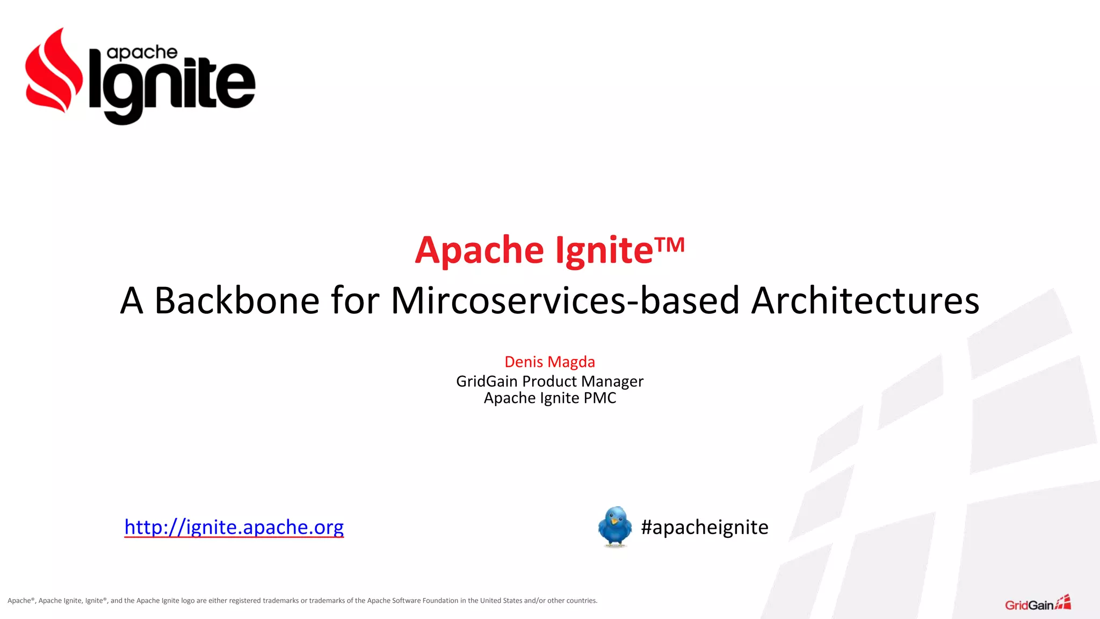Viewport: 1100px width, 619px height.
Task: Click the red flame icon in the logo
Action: coord(54,73)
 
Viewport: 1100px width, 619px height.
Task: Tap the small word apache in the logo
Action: coord(142,53)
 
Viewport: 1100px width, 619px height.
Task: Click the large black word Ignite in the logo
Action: coord(172,89)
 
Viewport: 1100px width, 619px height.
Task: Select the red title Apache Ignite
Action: coord(534,250)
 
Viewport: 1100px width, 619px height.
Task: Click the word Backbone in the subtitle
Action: coord(237,300)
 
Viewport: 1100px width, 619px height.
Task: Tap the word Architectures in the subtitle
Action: coord(865,300)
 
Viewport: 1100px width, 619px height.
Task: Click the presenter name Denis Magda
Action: coord(549,362)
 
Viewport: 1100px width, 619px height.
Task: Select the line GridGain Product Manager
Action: coord(549,381)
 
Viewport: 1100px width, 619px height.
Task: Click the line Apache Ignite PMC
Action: coord(549,398)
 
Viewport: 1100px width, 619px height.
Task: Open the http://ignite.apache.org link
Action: coord(234,527)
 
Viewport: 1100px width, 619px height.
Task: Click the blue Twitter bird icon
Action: coord(615,526)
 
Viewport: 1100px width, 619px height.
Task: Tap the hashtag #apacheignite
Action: coord(704,527)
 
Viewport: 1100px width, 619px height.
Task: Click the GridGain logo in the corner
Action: coord(1037,603)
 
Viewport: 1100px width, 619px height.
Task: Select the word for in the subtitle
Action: coord(355,300)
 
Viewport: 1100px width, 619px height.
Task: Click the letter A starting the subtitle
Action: coord(132,300)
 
